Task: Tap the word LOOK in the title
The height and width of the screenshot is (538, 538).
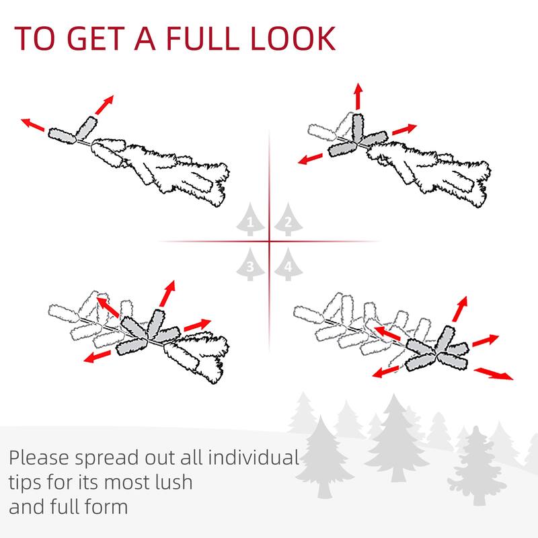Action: (x=296, y=38)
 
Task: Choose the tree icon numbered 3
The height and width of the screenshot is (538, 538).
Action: (x=250, y=264)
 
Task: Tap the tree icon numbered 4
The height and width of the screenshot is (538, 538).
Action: (x=287, y=264)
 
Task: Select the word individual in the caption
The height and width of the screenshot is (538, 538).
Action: (x=252, y=459)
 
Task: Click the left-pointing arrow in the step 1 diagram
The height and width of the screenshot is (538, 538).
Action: (x=34, y=126)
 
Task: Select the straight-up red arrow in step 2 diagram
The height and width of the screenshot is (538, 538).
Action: (x=358, y=97)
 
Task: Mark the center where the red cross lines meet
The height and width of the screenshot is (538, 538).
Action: (x=270, y=241)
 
